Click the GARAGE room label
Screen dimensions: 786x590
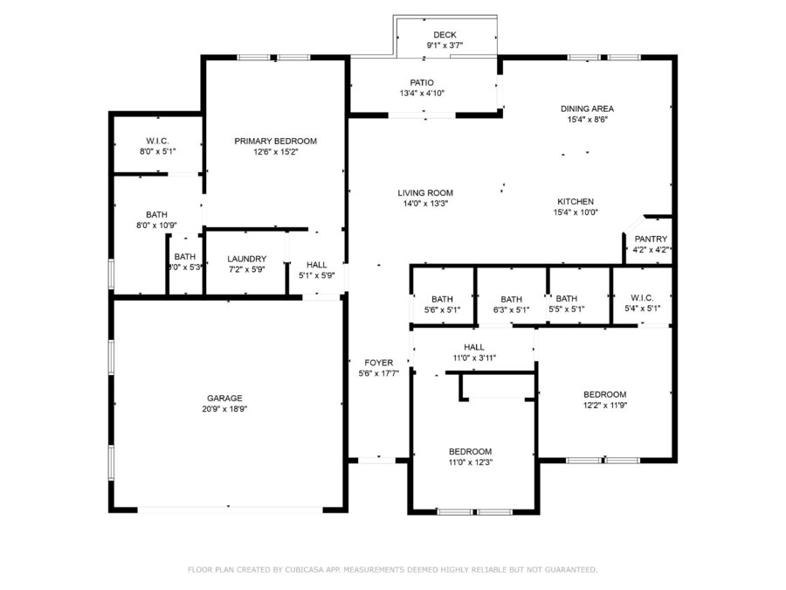(224, 398)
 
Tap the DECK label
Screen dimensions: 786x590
(445, 35)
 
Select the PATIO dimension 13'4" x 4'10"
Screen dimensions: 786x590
(422, 94)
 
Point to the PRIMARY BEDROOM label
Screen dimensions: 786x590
(276, 141)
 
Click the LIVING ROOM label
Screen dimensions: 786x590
(425, 192)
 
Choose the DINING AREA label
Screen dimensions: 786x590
(587, 108)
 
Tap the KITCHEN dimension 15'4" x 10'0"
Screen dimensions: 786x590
(576, 212)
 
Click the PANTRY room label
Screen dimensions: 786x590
(651, 239)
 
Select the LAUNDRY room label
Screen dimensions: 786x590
(246, 259)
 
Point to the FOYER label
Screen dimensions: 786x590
(379, 362)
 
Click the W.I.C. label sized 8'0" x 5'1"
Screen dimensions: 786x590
(157, 141)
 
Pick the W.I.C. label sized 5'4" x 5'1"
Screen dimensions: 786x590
(642, 297)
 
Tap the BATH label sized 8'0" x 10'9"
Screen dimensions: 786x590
(157, 215)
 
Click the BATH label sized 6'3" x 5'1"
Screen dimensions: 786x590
(511, 299)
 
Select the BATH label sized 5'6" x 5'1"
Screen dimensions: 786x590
(442, 299)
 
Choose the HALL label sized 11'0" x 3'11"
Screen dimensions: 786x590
(474, 347)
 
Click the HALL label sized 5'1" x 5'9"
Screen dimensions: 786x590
(317, 264)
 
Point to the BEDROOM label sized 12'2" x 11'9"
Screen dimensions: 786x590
(605, 394)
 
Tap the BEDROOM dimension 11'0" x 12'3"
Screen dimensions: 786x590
(471, 462)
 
